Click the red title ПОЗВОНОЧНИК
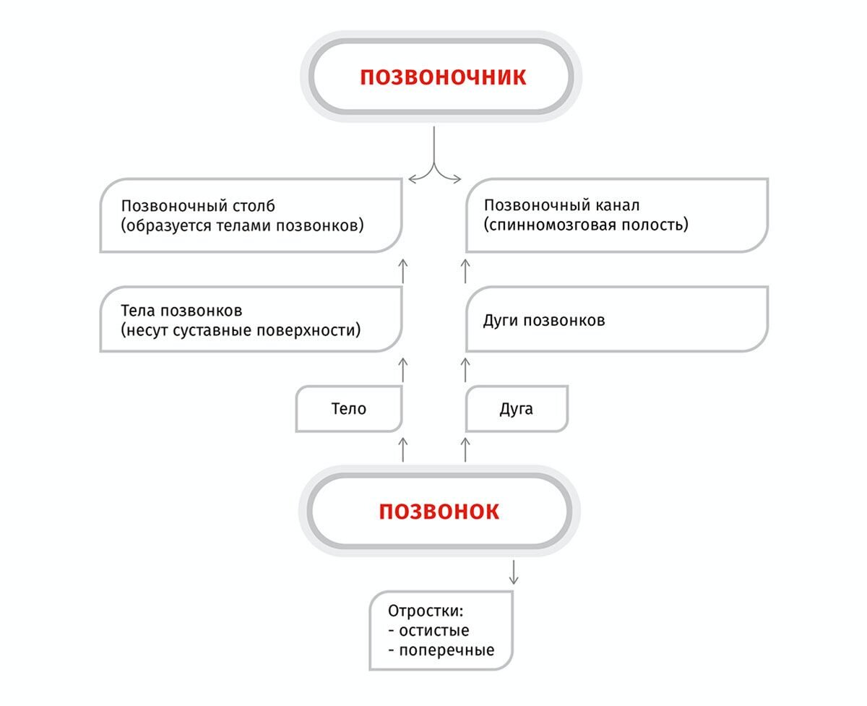click(x=443, y=77)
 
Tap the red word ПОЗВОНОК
click(x=439, y=512)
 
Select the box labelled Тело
click(x=349, y=409)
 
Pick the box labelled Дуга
click(x=517, y=409)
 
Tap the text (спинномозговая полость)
click(x=585, y=225)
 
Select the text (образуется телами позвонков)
click(x=242, y=225)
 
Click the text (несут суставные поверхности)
click(x=241, y=331)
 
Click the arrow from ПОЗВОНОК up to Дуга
click(x=465, y=447)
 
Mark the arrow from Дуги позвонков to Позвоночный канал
click(x=465, y=269)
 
